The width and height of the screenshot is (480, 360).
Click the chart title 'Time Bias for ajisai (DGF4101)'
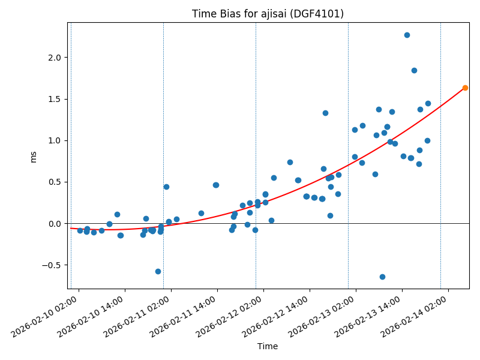click(268, 14)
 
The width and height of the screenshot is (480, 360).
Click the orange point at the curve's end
click(465, 88)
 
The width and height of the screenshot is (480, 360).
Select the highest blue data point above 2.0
click(407, 35)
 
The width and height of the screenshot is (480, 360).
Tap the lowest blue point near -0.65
click(382, 277)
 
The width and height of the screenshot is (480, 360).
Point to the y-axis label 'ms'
click(34, 157)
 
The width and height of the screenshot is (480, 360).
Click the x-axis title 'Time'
click(268, 346)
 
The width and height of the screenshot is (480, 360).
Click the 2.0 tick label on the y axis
click(55, 58)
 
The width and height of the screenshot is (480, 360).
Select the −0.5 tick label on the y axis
click(52, 265)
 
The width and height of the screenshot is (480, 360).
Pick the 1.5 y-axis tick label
click(55, 99)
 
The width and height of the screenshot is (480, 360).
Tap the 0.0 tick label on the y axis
click(55, 224)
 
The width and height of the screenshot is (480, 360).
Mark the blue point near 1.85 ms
click(414, 70)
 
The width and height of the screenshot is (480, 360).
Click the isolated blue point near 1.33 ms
click(325, 113)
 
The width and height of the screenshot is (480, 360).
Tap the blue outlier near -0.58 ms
click(158, 271)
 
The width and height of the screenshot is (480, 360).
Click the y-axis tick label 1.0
click(55, 140)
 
